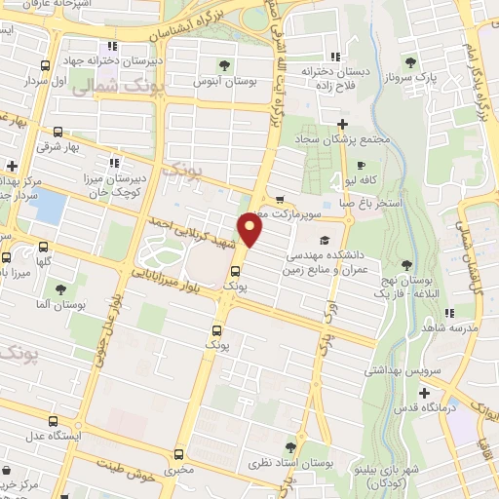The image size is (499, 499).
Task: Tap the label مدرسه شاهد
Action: tap(449, 329)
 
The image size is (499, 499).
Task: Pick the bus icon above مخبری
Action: tap(179, 454)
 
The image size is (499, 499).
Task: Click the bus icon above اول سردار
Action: tap(46, 66)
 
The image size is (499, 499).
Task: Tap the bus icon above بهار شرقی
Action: tap(58, 132)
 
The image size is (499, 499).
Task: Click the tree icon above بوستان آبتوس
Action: tap(225, 66)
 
